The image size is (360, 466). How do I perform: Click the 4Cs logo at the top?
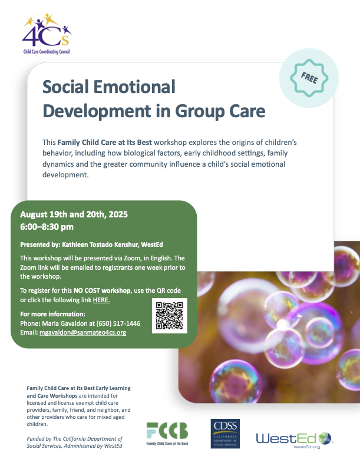tap(47, 34)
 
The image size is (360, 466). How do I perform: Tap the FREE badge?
tap(309, 78)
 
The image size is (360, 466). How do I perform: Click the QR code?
tap(170, 316)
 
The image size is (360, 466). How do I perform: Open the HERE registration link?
tap(101, 300)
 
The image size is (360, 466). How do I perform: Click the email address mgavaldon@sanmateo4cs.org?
tap(82, 332)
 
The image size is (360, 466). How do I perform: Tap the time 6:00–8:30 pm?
tap(47, 227)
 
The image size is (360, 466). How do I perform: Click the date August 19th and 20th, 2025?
tap(74, 214)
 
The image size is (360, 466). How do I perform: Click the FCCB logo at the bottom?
tap(167, 434)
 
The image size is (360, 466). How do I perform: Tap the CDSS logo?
tap(225, 434)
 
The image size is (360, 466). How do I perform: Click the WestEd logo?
tap(294, 440)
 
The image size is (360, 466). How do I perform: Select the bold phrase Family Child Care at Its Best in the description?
tap(105, 143)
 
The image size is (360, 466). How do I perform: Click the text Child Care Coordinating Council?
tap(47, 52)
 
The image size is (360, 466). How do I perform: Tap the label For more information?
tap(52, 314)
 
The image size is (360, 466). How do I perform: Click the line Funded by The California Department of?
tap(75, 439)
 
